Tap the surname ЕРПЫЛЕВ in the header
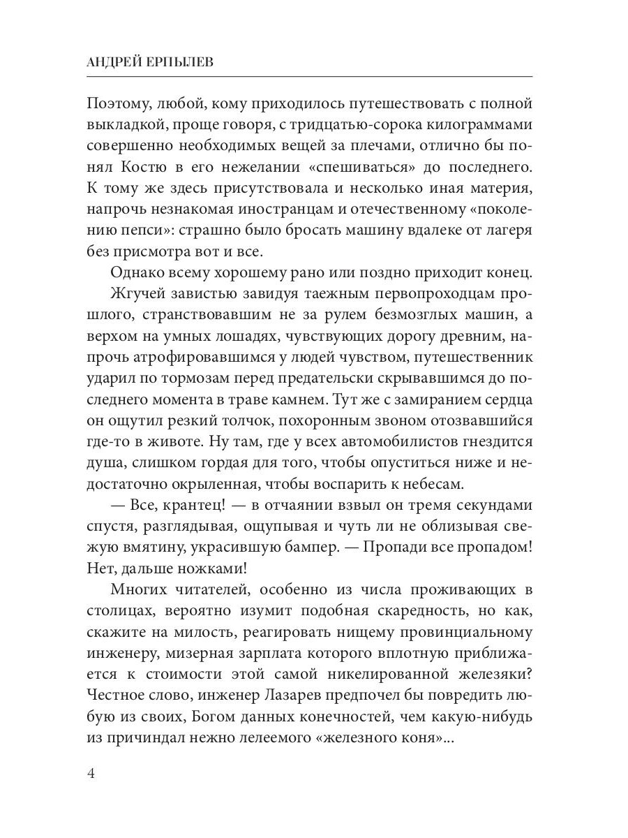(184, 62)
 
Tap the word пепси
(153, 230)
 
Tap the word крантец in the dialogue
(184, 505)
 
